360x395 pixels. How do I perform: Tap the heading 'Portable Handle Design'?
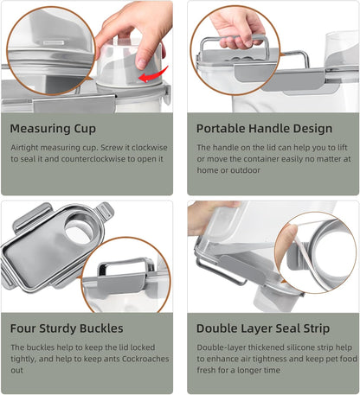click(x=264, y=129)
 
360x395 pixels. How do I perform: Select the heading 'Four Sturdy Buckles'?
click(x=67, y=328)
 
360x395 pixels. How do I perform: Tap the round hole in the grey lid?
click(x=78, y=228)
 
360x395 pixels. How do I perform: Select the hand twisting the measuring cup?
click(x=134, y=26)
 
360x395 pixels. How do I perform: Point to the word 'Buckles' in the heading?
click(x=100, y=328)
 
